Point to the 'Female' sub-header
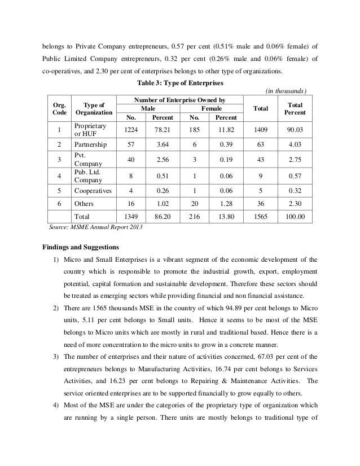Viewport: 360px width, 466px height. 211,108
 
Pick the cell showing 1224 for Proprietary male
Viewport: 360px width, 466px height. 132,131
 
